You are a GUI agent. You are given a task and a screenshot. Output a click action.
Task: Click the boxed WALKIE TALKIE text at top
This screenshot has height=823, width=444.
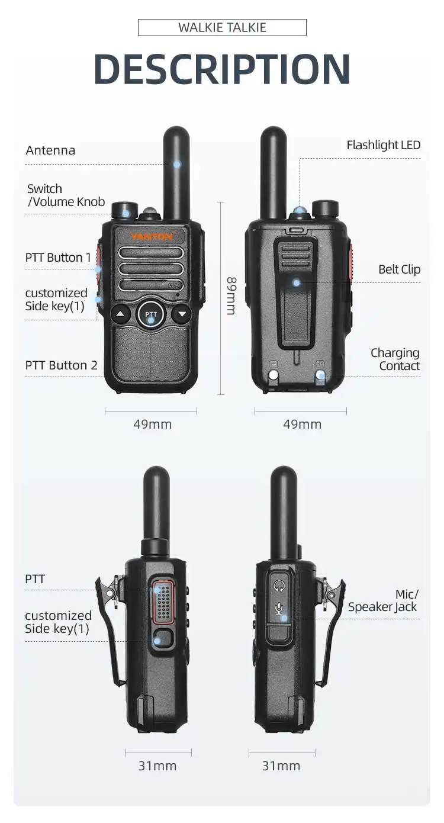tap(222, 27)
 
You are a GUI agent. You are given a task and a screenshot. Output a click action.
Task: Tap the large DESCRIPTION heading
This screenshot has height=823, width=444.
tap(222, 69)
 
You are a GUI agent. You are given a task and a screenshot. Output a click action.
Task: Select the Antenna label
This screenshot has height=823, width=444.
tap(50, 150)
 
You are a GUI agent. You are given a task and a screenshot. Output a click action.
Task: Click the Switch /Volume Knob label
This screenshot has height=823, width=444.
tap(66, 195)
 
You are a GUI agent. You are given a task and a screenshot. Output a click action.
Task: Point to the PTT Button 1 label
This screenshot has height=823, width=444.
tap(58, 258)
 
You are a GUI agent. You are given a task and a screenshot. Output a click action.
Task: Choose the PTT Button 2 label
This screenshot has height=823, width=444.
tap(61, 365)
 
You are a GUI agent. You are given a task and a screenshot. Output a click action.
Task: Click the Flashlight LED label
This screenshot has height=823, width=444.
tap(383, 145)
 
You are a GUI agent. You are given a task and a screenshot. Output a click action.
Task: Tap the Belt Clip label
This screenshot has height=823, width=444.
tap(399, 269)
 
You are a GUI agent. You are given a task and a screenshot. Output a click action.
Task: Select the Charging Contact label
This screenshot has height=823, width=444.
tap(395, 359)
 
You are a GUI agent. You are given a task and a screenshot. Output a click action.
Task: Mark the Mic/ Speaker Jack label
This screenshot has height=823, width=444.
tap(382, 600)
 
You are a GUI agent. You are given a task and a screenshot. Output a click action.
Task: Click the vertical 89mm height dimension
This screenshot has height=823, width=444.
tap(231, 295)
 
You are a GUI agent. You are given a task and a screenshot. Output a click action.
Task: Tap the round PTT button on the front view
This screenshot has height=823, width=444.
tap(151, 314)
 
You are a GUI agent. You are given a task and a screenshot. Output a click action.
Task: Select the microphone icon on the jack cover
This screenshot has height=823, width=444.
tap(279, 609)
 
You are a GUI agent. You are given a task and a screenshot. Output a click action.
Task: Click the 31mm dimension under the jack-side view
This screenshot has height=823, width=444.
tap(281, 766)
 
